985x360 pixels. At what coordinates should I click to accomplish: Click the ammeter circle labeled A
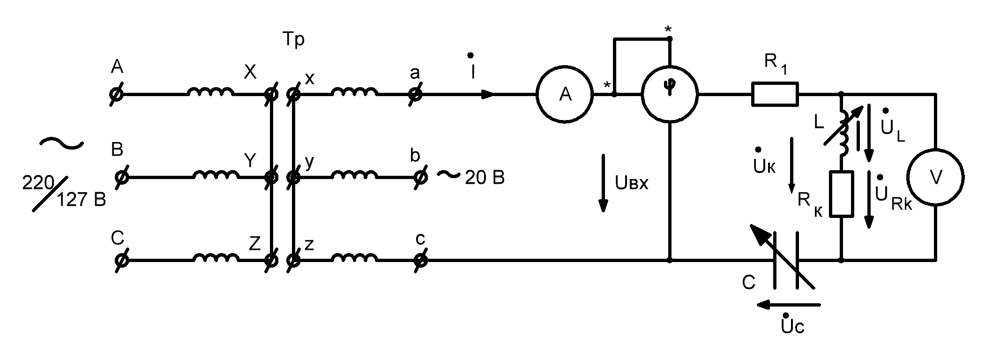click(x=565, y=95)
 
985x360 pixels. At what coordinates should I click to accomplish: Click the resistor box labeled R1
click(x=775, y=94)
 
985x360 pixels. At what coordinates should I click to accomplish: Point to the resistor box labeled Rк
click(x=841, y=194)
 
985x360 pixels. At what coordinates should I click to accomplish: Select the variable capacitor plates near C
click(x=785, y=260)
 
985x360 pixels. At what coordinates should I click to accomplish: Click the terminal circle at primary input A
click(x=115, y=94)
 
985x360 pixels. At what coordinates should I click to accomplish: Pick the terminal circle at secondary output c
click(x=421, y=260)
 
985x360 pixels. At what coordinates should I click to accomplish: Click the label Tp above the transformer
click(x=293, y=39)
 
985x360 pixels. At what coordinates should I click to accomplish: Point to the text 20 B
click(x=485, y=178)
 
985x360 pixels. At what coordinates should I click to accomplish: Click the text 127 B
click(x=81, y=200)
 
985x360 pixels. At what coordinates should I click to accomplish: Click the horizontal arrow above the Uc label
click(x=789, y=305)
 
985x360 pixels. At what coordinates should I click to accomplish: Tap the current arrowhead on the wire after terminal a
click(x=487, y=94)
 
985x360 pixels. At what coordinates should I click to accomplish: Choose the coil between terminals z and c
click(x=354, y=257)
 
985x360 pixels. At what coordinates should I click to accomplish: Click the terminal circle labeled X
click(x=270, y=94)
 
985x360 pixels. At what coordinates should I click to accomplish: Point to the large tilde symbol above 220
click(x=61, y=143)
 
